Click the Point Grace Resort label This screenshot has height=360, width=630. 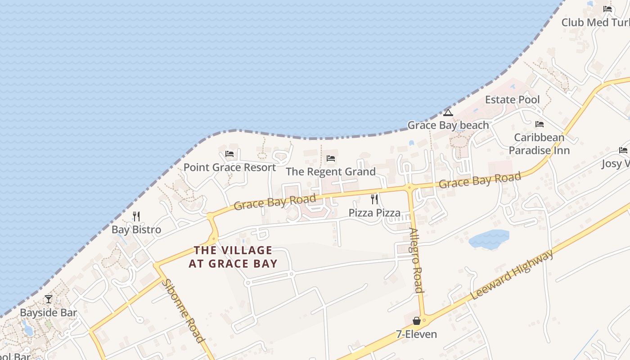(x=229, y=167)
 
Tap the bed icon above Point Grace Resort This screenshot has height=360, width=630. (x=229, y=154)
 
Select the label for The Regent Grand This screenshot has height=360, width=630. (x=331, y=172)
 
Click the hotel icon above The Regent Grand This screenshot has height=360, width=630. (x=331, y=158)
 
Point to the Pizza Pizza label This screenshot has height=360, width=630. (x=374, y=213)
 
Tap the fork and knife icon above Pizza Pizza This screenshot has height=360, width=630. (x=374, y=199)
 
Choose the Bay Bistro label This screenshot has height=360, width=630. (x=136, y=229)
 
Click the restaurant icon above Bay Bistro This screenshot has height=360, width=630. (x=136, y=216)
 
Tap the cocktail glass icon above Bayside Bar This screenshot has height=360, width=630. (x=49, y=299)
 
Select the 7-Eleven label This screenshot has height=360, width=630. (x=416, y=334)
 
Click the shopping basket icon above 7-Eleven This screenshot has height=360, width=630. (x=417, y=321)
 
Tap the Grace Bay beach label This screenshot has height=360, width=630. (x=448, y=125)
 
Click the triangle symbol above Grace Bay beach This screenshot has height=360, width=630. (x=448, y=112)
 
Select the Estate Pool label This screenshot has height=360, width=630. (x=512, y=99)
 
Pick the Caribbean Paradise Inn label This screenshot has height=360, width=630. (x=539, y=144)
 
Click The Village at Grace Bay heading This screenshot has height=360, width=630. (x=233, y=257)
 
